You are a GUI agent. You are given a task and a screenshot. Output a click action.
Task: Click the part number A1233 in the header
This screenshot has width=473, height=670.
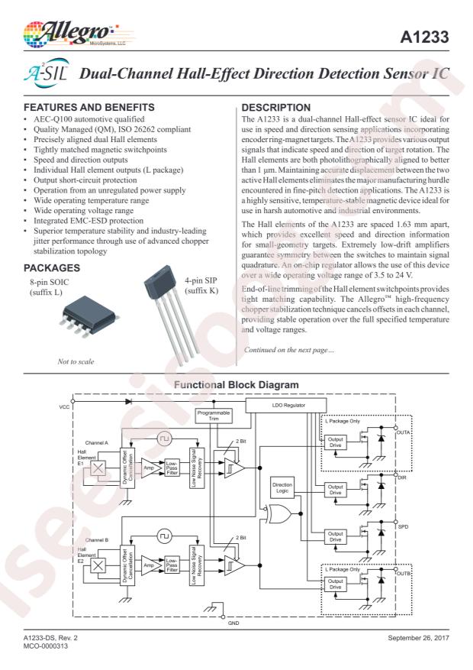tap(424, 37)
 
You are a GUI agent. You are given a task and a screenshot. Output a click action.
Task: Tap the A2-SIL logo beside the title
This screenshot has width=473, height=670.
tap(46, 73)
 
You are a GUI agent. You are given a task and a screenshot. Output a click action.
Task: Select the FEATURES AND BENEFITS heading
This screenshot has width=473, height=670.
tap(89, 107)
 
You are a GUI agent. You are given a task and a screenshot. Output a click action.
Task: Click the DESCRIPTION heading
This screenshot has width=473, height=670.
tap(276, 108)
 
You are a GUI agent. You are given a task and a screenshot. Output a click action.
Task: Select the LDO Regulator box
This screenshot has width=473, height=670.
tap(286, 405)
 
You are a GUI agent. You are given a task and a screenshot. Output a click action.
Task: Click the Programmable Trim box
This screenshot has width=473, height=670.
tap(214, 416)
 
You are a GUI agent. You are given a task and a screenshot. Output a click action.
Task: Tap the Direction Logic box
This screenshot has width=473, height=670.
tap(282, 487)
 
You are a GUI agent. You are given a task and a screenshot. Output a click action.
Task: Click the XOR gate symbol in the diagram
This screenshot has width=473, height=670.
tap(278, 513)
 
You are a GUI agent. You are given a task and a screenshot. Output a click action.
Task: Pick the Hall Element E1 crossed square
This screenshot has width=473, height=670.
tap(98, 468)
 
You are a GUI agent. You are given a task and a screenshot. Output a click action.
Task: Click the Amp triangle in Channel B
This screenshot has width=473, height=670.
tap(150, 565)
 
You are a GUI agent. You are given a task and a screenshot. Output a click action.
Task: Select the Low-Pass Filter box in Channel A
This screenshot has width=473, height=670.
tap(172, 468)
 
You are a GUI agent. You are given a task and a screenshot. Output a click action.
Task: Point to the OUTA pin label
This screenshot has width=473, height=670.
tap(403, 432)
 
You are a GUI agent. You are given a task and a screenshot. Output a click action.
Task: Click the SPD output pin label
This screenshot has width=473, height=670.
tap(403, 527)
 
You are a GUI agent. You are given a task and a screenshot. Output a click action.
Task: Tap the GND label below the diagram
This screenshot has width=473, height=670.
tap(233, 623)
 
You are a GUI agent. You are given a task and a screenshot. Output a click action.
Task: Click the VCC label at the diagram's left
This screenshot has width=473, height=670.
tap(64, 406)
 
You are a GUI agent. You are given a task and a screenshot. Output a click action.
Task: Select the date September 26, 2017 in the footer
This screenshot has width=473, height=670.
tap(418, 637)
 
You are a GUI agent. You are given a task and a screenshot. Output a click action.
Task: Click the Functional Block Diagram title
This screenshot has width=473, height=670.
tap(236, 384)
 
